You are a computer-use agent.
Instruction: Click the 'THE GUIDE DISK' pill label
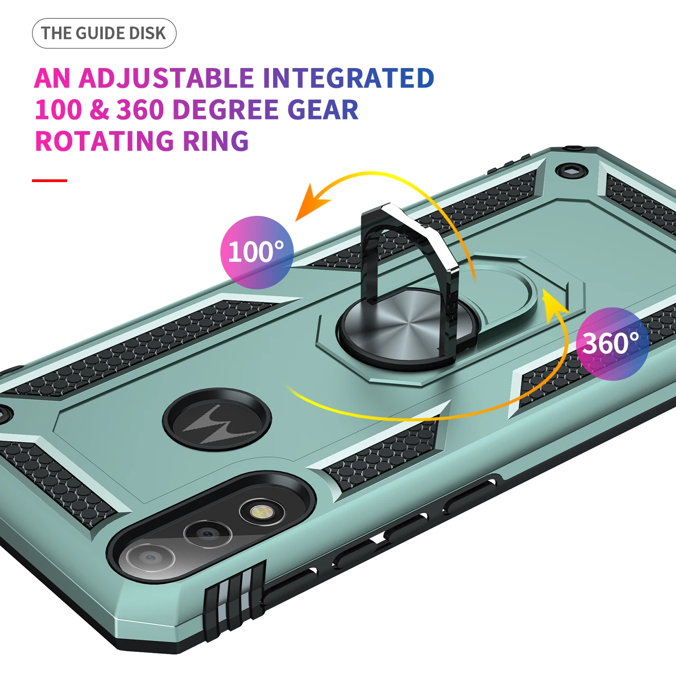pyautogui.click(x=104, y=33)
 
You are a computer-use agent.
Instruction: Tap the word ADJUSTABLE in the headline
pyautogui.click(x=166, y=78)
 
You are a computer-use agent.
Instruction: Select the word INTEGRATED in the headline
pyautogui.click(x=348, y=78)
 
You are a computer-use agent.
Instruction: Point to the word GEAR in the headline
pyautogui.click(x=323, y=110)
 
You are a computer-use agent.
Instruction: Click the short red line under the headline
pyautogui.click(x=50, y=181)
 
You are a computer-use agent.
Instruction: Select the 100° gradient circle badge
pyautogui.click(x=256, y=252)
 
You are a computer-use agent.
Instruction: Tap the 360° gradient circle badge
pyautogui.click(x=612, y=343)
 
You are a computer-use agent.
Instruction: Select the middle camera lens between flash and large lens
pyautogui.click(x=207, y=534)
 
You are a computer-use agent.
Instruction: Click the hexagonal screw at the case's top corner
pyautogui.click(x=571, y=171)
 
